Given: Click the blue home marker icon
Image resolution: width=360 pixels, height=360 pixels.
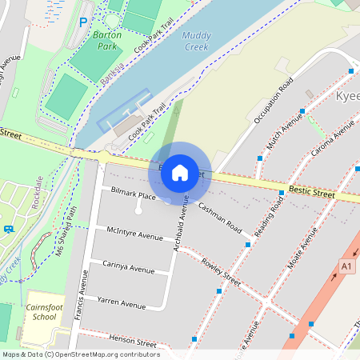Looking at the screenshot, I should [x=180, y=172].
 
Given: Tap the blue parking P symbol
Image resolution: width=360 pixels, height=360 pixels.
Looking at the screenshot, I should [x=83, y=22].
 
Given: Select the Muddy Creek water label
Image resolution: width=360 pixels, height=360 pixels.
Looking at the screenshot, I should [x=195, y=41].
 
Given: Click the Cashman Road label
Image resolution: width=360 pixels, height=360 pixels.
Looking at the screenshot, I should [x=220, y=217].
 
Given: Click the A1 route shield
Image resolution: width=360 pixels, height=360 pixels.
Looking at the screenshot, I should [x=346, y=266].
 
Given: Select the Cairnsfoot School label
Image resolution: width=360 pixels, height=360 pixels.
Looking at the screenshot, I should [x=41, y=312].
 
